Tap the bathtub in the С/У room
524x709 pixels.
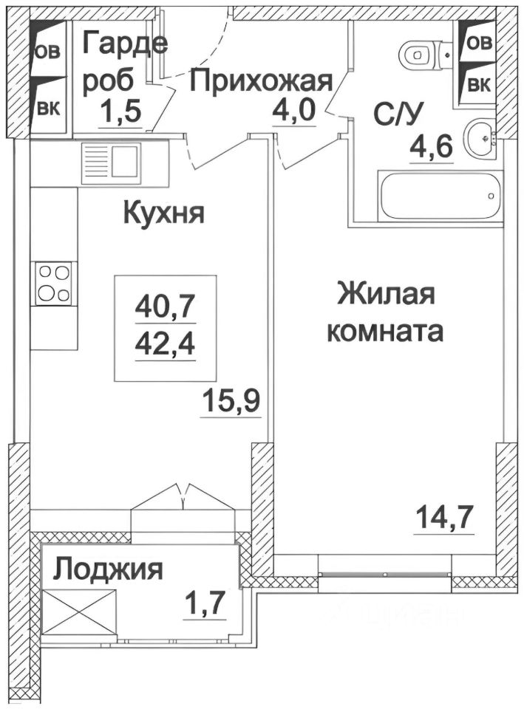tap(440, 196)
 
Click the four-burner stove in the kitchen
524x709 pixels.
tap(54, 283)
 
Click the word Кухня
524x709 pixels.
tap(163, 213)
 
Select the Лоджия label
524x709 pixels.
tap(108, 569)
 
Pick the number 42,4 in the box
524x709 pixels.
tap(165, 344)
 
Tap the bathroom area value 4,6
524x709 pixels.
tap(432, 146)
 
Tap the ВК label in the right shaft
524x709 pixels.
tap(478, 85)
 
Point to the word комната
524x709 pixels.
tap(384, 332)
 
